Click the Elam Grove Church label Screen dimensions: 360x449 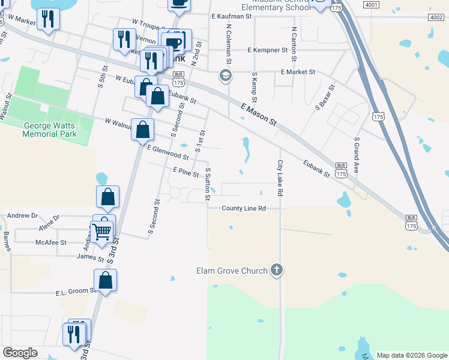click(x=231, y=271)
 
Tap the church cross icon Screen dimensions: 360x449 click(x=276, y=270)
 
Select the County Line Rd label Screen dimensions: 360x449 click(x=243, y=208)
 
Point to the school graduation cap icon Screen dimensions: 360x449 click(x=225, y=76)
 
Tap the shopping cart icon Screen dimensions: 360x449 click(x=102, y=231)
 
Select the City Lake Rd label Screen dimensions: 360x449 click(x=279, y=178)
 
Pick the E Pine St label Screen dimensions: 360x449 click(x=185, y=172)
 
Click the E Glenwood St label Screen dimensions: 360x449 click(x=168, y=152)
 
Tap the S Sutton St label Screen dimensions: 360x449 click(x=207, y=184)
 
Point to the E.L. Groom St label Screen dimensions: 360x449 click(x=76, y=292)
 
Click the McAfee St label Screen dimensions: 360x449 click(x=50, y=242)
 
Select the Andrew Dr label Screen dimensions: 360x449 click(x=22, y=215)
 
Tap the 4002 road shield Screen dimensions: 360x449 click(x=436, y=18)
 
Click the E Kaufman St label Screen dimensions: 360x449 click(x=232, y=16)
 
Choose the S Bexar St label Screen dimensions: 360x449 click(x=324, y=98)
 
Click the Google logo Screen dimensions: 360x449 click(x=20, y=353)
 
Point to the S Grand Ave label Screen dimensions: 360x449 click(x=357, y=155)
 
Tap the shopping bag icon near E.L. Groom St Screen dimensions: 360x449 click(x=106, y=280)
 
